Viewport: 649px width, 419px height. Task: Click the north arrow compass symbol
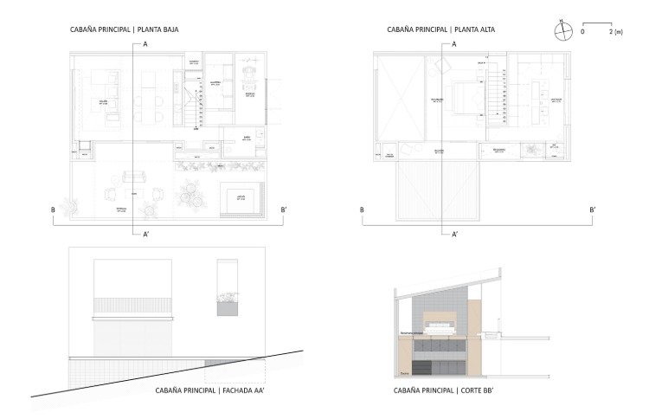[x=563, y=30]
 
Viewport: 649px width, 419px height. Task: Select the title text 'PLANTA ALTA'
[x=480, y=29]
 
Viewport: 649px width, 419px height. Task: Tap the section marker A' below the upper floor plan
[x=454, y=234]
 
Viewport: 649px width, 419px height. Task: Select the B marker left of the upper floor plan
[x=361, y=209]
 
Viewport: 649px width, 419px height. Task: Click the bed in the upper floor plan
[x=461, y=96]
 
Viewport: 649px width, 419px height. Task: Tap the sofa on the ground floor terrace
[x=134, y=177]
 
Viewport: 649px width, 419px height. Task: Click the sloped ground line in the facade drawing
[x=173, y=372]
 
